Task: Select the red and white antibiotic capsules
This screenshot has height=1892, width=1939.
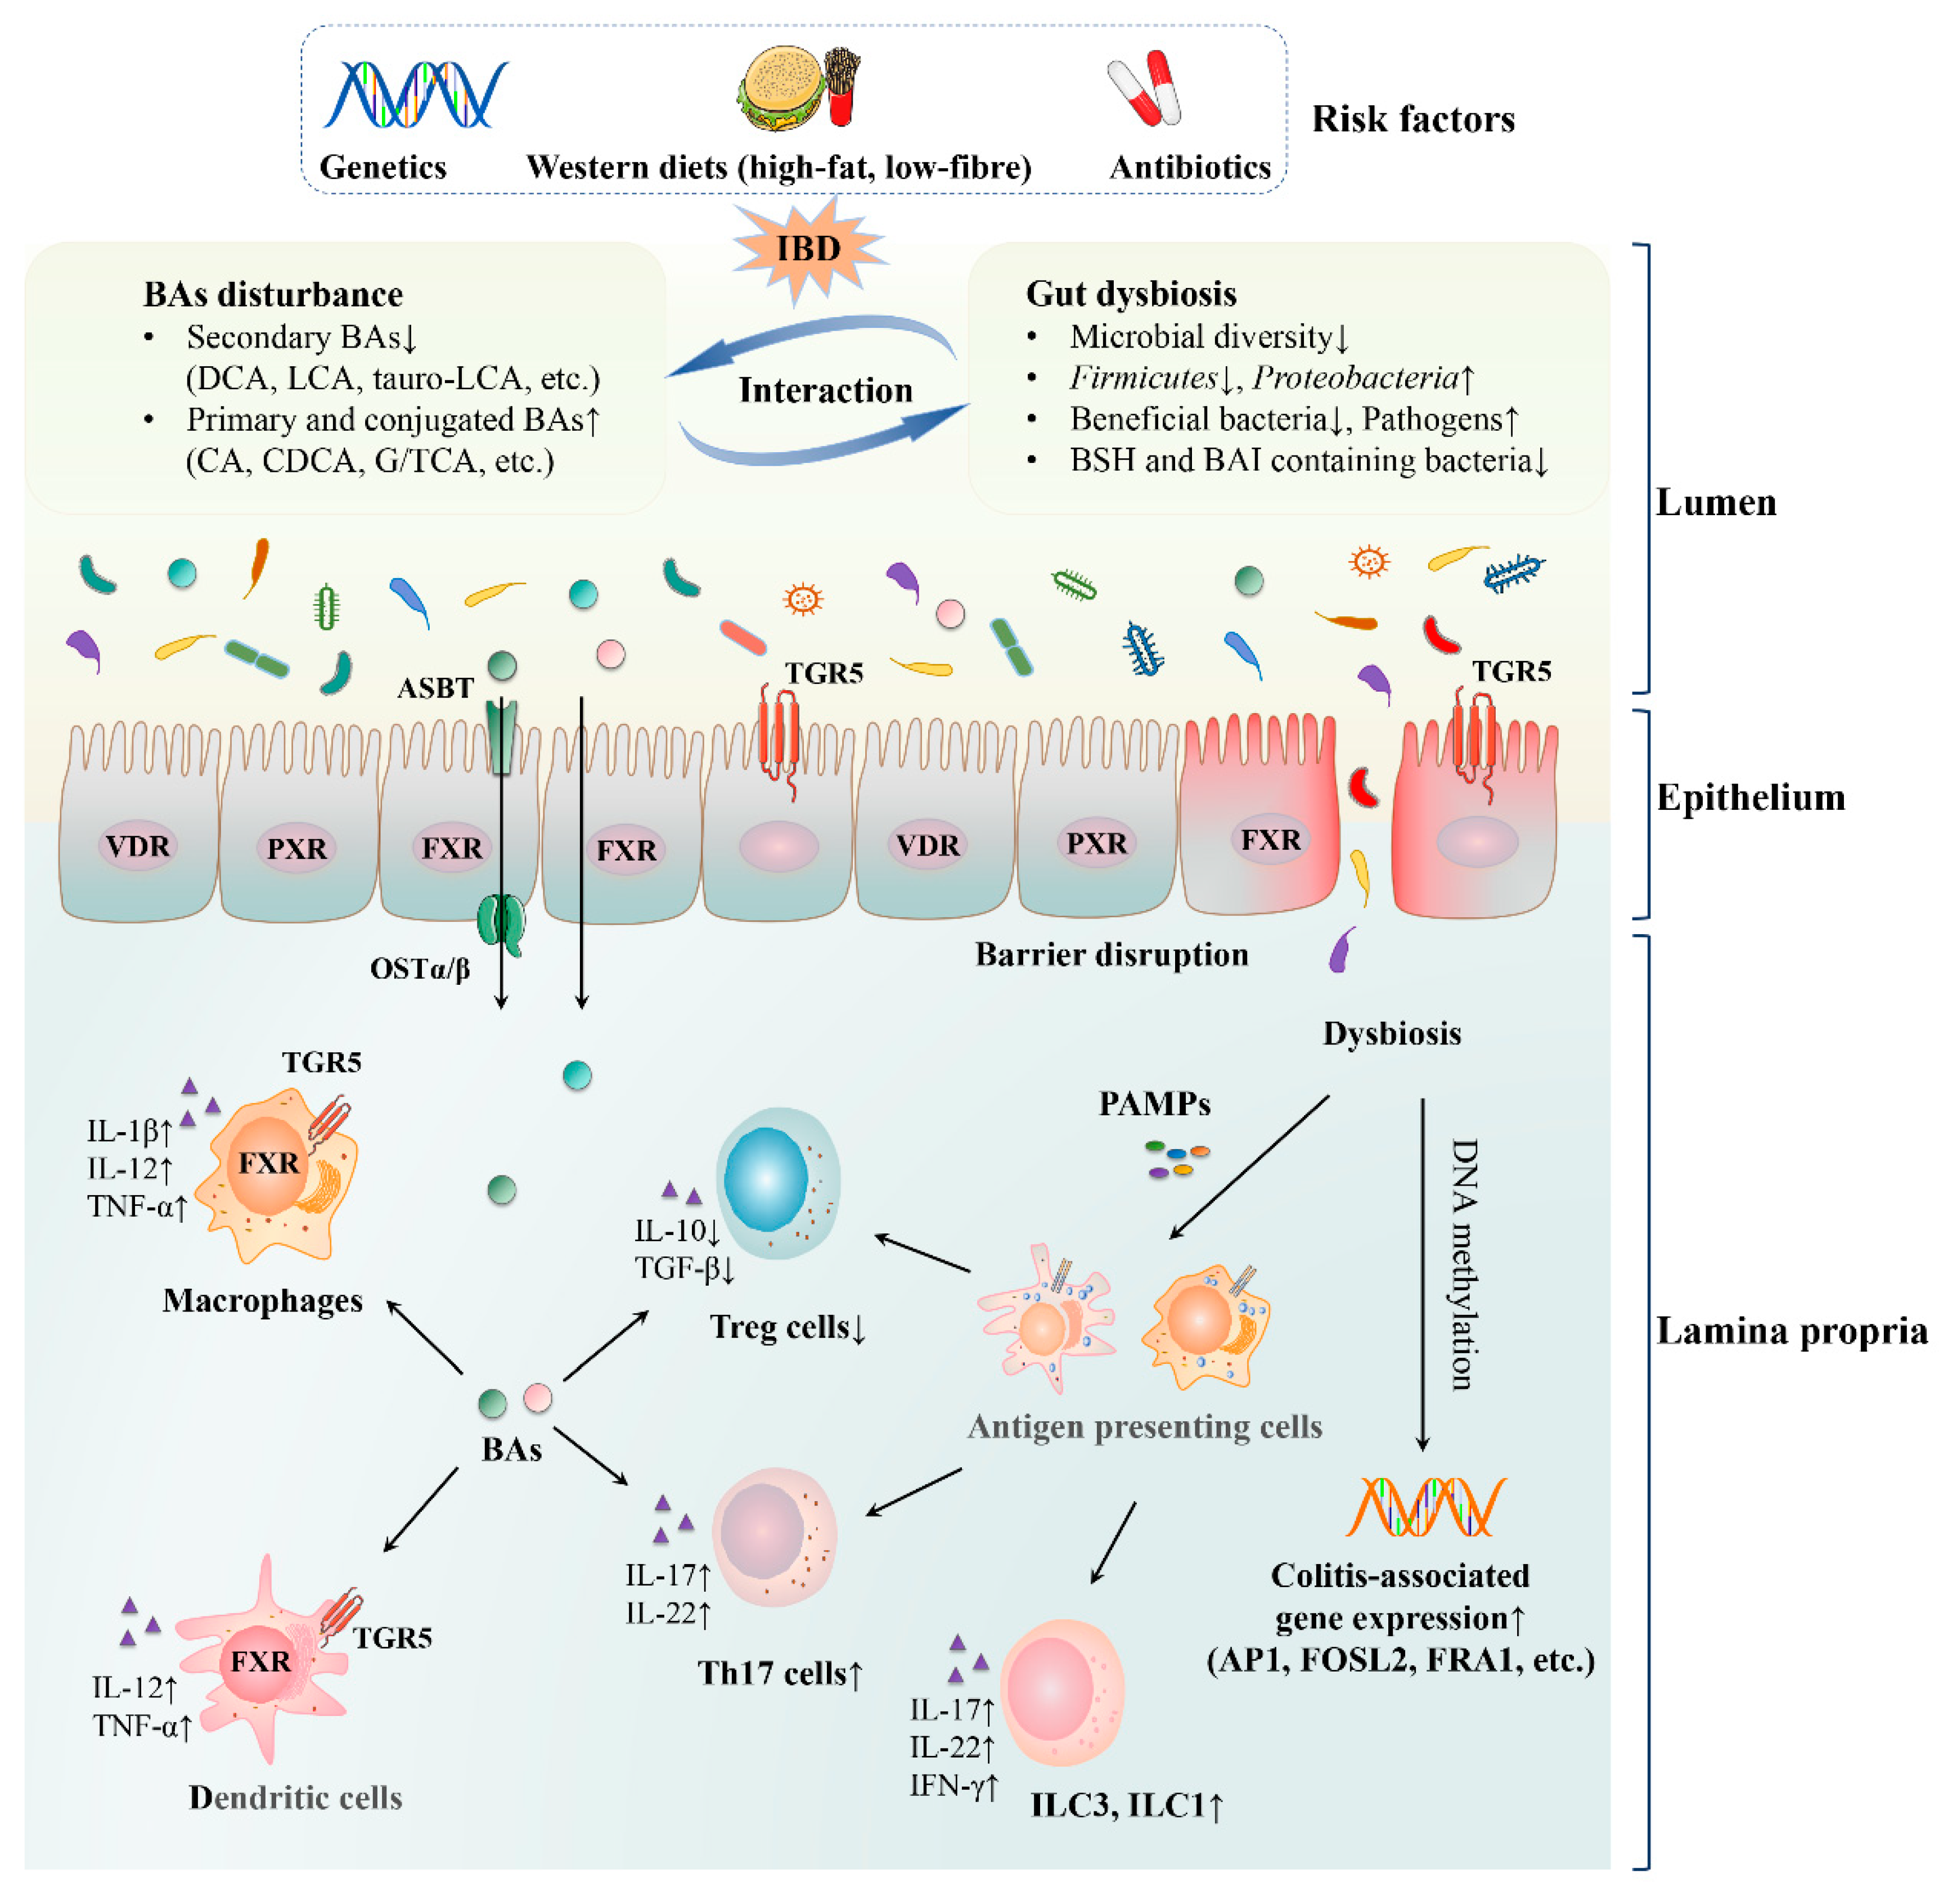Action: (x=1145, y=89)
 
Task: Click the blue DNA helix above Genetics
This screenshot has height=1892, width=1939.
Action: (x=416, y=94)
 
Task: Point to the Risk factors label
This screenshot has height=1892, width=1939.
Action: (x=1412, y=119)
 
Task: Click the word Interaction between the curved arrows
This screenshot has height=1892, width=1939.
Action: (x=825, y=390)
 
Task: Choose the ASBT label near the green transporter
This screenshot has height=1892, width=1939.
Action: (x=434, y=688)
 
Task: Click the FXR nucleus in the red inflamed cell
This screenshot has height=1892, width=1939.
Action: (x=1270, y=841)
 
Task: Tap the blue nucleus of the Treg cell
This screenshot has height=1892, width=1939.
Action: (x=765, y=1181)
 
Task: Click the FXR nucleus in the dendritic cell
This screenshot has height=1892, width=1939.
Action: (x=260, y=1661)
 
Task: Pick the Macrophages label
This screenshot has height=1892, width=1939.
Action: (x=262, y=1301)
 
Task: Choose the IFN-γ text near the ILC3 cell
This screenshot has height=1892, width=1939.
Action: (x=952, y=1786)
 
